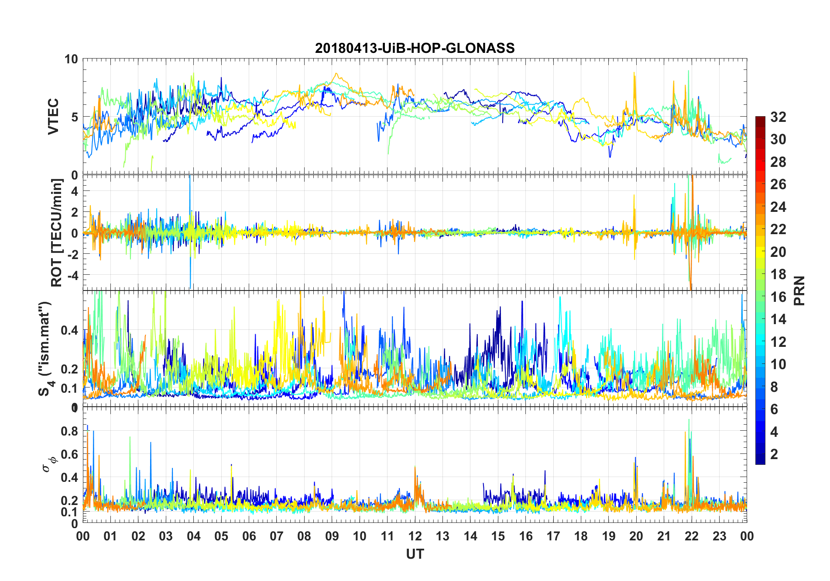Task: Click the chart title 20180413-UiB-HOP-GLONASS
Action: pyautogui.click(x=415, y=48)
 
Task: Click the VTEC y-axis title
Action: pyautogui.click(x=53, y=117)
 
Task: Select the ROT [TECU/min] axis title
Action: pyautogui.click(x=56, y=232)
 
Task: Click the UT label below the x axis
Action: pyautogui.click(x=415, y=554)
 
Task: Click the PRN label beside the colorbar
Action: pyautogui.click(x=799, y=290)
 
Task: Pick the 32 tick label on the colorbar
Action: pyautogui.click(x=778, y=117)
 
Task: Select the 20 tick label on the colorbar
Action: pyautogui.click(x=778, y=252)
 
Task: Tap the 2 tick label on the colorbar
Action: pyautogui.click(x=774, y=454)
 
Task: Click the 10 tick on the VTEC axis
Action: pyautogui.click(x=71, y=59)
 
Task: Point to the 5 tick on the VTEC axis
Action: pyautogui.click(x=75, y=117)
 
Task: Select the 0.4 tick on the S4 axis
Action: pyautogui.click(x=69, y=330)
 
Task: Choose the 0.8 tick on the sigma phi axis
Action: pyautogui.click(x=69, y=431)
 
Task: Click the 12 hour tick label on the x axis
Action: pyautogui.click(x=415, y=536)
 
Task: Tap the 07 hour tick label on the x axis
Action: pyautogui.click(x=276, y=536)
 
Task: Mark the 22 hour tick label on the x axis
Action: pyautogui.click(x=691, y=536)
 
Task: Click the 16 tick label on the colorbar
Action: pyautogui.click(x=778, y=297)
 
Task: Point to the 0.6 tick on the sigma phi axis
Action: pyautogui.click(x=69, y=454)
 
